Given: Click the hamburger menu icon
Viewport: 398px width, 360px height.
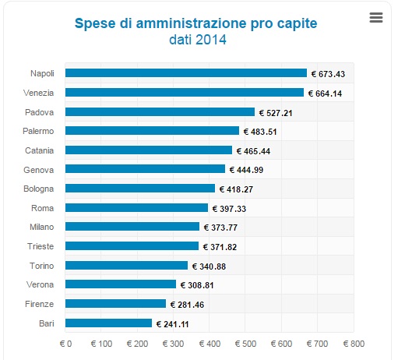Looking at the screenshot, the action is [376, 17].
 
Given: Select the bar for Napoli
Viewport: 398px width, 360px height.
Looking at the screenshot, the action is [186, 73].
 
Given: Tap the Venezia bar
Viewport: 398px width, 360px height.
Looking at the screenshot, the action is [185, 93].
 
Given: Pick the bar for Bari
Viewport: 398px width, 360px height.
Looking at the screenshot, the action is [108, 323].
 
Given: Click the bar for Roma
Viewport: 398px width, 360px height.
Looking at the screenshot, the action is [136, 208].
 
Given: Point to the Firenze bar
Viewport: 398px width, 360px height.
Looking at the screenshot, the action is [115, 304].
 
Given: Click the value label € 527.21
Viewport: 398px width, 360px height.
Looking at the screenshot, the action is [276, 113].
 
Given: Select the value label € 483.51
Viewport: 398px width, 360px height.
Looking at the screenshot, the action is [260, 132].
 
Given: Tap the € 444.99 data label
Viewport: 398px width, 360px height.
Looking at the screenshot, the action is [246, 170].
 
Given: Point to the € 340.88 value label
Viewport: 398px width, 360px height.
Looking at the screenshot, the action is [209, 266].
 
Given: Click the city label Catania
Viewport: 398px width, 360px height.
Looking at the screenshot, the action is [39, 150].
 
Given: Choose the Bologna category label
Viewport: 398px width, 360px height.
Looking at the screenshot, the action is [38, 189].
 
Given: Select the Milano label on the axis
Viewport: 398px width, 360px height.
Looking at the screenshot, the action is [42, 227].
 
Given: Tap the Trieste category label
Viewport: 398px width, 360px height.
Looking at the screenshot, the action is [41, 246].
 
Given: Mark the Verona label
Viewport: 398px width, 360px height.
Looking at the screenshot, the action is [40, 284].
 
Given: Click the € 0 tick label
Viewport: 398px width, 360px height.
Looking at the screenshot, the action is [65, 344].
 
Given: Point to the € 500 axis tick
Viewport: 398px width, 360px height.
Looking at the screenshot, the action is [245, 344].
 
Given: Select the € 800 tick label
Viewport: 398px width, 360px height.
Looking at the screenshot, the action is [354, 344].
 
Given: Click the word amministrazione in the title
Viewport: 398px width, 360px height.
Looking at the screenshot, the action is [192, 23].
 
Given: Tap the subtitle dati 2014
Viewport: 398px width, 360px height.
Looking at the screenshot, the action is [198, 40].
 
